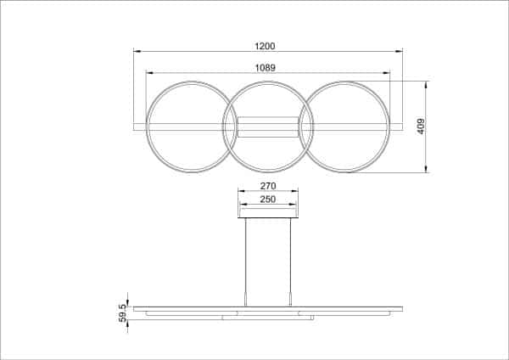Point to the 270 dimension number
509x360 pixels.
click(x=268, y=185)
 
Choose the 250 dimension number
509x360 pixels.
click(x=268, y=200)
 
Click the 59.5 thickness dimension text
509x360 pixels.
click(x=124, y=312)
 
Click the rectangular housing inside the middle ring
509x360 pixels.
click(x=268, y=127)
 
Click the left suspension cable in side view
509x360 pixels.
click(x=246, y=255)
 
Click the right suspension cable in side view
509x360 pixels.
click(x=290, y=255)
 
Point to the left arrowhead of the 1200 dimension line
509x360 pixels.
click(x=137, y=52)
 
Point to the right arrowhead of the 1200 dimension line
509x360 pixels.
click(x=400, y=52)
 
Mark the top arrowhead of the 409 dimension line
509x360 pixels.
click(x=427, y=83)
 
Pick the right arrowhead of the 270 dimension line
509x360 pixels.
click(x=297, y=191)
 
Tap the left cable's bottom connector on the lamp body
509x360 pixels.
click(x=246, y=300)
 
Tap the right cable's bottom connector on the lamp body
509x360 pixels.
click(x=290, y=300)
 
